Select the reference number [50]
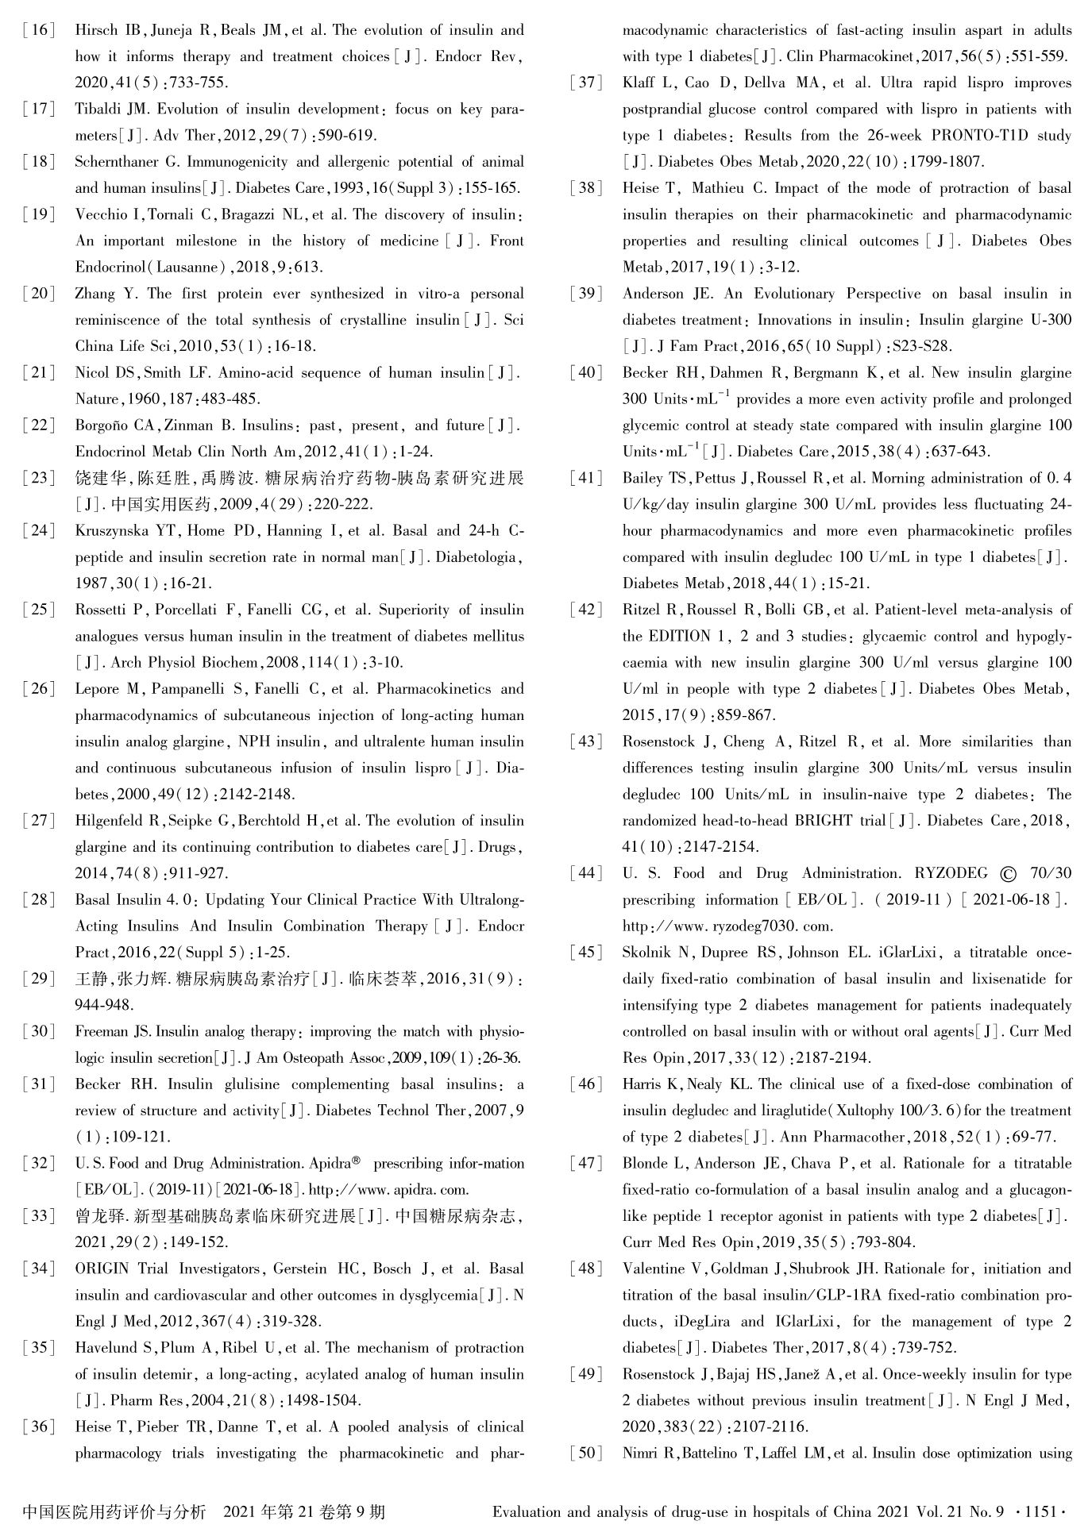pyautogui.click(x=586, y=1453)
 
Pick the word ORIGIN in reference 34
pyautogui.click(x=102, y=1269)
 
